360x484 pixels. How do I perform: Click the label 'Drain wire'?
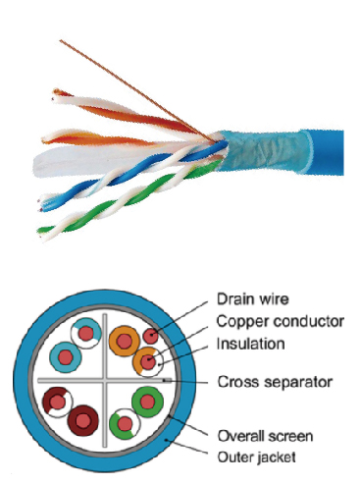(253, 299)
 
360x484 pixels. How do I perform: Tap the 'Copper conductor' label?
(281, 321)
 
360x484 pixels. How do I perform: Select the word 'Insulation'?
(251, 344)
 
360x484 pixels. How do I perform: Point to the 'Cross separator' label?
(275, 382)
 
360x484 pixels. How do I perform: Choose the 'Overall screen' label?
(265, 436)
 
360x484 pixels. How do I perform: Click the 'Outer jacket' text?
(257, 457)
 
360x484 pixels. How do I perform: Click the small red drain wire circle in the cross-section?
(151, 336)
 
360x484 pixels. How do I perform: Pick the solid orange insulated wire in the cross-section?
(125, 341)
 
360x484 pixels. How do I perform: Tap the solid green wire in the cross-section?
(147, 402)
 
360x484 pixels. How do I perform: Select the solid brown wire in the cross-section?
(83, 420)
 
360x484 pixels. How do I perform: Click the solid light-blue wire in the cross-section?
(66, 356)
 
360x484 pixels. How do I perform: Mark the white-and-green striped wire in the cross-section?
(125, 424)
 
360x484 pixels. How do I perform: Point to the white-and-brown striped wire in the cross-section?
(58, 402)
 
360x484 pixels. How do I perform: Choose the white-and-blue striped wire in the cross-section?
(86, 334)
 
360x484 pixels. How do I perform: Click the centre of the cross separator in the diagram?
(105, 381)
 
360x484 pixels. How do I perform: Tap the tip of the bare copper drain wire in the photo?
(60, 40)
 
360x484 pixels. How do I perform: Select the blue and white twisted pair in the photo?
(130, 175)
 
